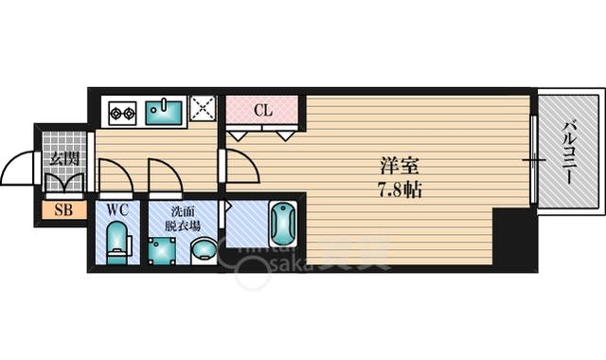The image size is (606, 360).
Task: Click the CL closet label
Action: (x=262, y=109)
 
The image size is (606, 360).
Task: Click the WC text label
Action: (x=117, y=208)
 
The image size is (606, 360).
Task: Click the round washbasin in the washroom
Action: (x=203, y=250)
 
